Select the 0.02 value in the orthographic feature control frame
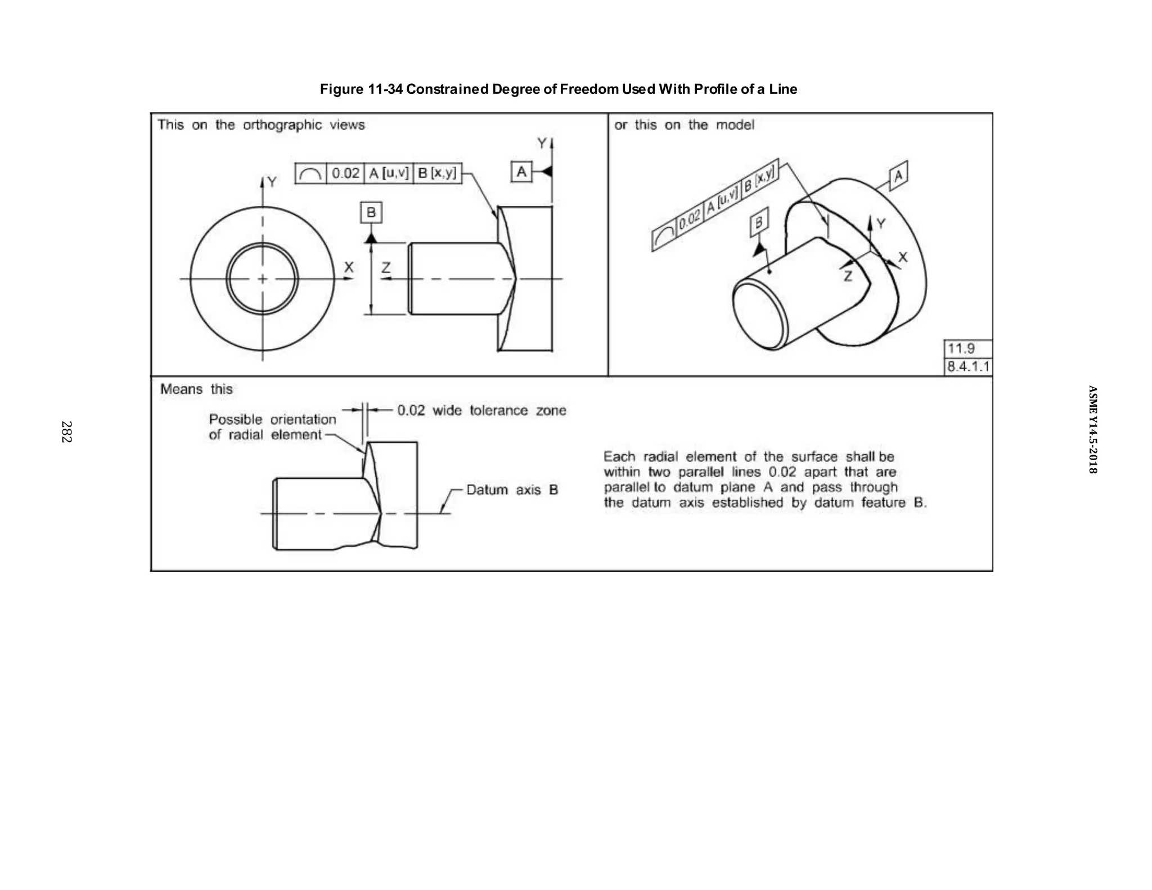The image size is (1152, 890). pos(345,173)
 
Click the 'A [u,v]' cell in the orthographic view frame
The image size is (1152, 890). pos(389,173)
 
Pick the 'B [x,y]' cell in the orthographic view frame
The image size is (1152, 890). pos(437,173)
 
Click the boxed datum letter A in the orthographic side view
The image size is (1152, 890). pos(521,172)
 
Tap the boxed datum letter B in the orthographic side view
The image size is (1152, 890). pos(371,213)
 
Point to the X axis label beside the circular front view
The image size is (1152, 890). pos(349,267)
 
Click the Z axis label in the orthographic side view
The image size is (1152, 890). pos(386,268)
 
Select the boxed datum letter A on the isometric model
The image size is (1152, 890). pos(898,176)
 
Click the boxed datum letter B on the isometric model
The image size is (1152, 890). pos(759,223)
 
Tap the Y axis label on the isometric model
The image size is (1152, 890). pos(881,224)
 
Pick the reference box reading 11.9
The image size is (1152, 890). pos(967,349)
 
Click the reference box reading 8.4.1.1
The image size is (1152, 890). pos(967,367)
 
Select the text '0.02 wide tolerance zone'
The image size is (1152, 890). pos(481,411)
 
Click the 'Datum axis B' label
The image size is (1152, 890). pos(512,490)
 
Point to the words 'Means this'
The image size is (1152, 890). pos(196,389)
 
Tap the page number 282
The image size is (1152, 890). pos(66,432)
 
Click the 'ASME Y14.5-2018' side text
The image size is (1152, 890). pos(1092,429)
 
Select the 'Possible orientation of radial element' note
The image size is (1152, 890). pos(272,427)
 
